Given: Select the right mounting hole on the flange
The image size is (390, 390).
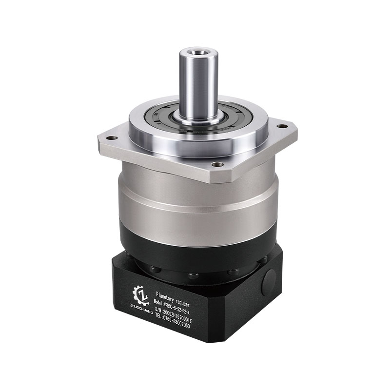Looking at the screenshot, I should pyautogui.click(x=281, y=126).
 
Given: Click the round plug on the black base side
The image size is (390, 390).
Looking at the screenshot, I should pyautogui.click(x=268, y=282).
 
